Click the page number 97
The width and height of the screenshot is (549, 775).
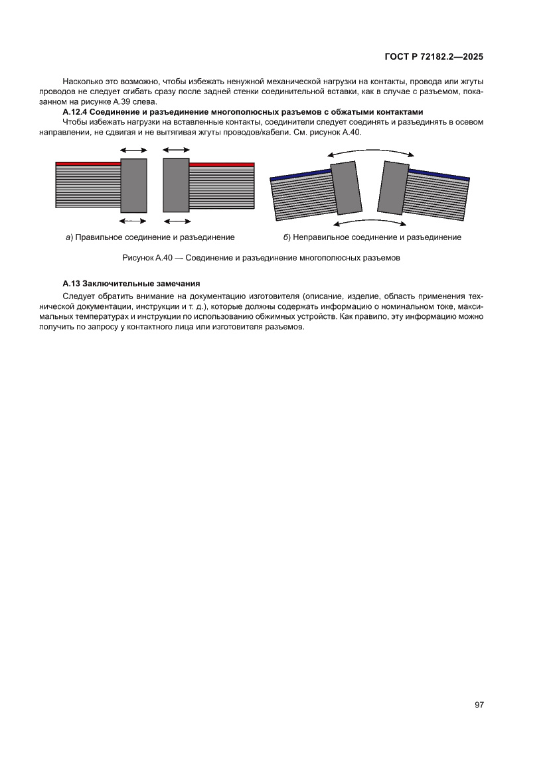click(479, 705)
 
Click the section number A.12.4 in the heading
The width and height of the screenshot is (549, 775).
click(76, 111)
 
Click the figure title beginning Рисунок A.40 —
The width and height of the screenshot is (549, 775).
click(262, 257)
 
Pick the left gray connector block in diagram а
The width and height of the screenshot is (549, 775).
click(133, 185)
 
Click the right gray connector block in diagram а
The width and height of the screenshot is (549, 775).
click(176, 184)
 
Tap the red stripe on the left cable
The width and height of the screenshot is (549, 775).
click(88, 163)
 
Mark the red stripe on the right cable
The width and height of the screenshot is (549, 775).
click(222, 164)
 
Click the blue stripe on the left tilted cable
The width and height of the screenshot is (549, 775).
click(301, 175)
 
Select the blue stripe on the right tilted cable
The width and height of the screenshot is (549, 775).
click(439, 174)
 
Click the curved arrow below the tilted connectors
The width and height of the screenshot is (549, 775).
click(370, 221)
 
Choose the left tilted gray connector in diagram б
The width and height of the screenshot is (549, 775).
click(347, 189)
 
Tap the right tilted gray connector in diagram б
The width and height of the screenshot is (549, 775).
click(394, 188)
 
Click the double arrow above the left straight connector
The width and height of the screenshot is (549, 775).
click(133, 151)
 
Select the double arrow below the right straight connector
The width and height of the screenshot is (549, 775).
click(176, 220)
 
